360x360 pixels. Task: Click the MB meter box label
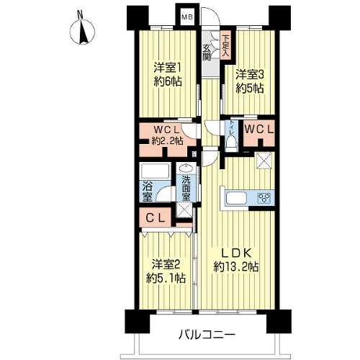coord(187,17)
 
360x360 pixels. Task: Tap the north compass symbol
coord(82,32)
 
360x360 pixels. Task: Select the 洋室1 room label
coord(168,68)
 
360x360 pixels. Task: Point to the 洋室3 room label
coord(250,75)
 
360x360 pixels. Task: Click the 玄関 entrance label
coord(207,53)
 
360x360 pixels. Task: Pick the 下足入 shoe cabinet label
coord(225,46)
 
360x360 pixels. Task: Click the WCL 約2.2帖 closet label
coord(167,135)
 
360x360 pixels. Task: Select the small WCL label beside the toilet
coord(259,130)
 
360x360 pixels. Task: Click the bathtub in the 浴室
coord(156,171)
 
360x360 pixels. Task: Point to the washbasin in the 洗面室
coord(186,168)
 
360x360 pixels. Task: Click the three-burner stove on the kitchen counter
coord(264,198)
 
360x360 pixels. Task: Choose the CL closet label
coord(156,218)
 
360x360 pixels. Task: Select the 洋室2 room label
coord(166,265)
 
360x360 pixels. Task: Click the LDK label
coord(236,253)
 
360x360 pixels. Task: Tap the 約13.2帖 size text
coord(236,266)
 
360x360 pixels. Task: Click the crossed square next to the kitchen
coord(264,161)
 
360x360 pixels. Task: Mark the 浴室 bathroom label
coord(147,192)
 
